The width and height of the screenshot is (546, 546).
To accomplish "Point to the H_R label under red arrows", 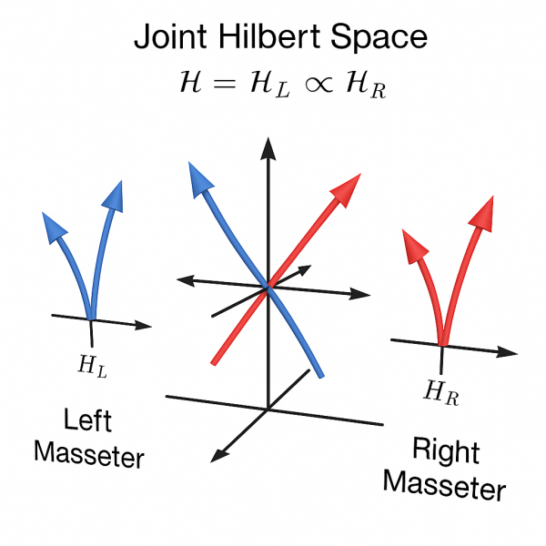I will click(440, 392).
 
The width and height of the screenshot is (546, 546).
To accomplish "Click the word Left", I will click(87, 421).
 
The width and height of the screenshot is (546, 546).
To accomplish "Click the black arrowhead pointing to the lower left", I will click(215, 455).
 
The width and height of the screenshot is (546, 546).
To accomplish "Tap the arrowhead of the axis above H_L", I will click(142, 324).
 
